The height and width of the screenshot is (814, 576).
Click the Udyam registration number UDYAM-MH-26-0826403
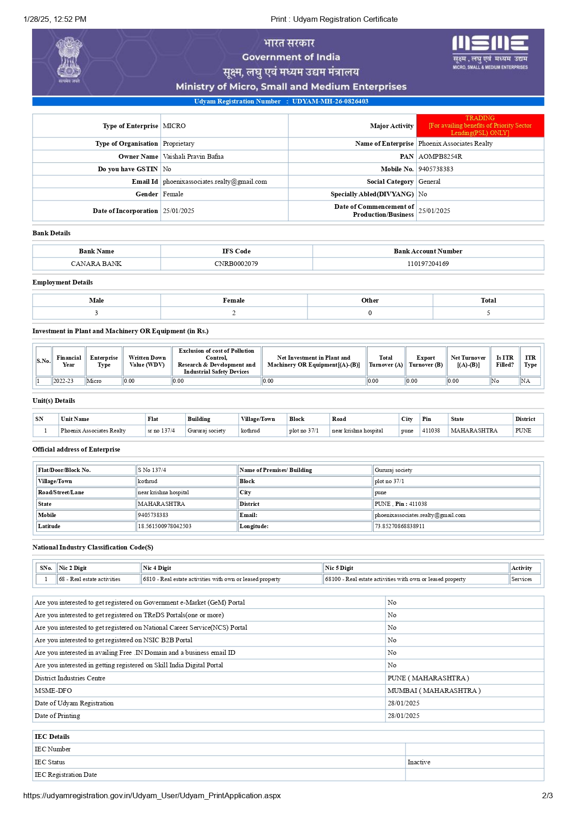coord(330,102)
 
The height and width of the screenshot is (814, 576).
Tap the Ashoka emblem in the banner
coord(69,60)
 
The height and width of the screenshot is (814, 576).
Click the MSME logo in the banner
coord(490,52)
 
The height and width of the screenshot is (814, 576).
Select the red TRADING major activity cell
coord(480,126)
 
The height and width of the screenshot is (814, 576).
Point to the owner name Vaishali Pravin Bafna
coord(193,157)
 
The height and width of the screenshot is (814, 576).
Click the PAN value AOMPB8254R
coord(440,157)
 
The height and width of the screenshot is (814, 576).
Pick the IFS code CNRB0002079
coord(236,264)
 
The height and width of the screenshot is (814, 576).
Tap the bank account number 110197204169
coord(428,264)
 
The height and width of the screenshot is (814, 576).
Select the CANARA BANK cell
coord(96,264)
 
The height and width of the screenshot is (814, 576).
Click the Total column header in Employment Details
coord(488,301)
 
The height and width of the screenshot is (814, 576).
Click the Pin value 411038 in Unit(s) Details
coord(431,431)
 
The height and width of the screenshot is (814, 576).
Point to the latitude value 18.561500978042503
coord(164,526)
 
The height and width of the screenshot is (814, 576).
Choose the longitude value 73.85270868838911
coord(399,526)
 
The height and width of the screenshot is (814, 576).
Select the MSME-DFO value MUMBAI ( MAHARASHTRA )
coord(434,691)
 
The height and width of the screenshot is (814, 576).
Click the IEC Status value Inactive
coord(419,762)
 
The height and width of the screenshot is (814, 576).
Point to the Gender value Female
coord(173,194)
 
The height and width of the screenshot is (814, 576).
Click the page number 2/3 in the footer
coord(547,795)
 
